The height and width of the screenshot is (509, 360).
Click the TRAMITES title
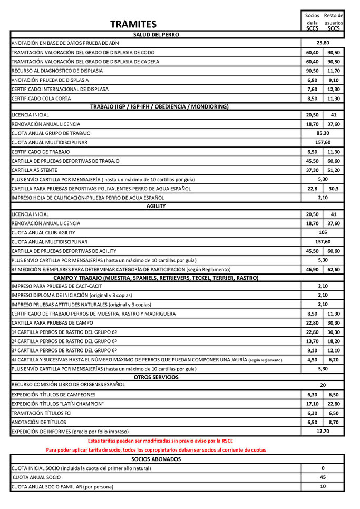[133, 24]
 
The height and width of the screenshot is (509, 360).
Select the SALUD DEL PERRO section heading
[156, 34]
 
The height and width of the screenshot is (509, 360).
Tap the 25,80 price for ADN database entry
[323, 43]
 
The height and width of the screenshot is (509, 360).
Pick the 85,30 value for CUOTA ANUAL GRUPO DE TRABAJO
[323, 133]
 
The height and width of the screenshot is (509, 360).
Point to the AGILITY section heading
[156, 206]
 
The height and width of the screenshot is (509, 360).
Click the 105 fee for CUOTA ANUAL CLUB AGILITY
[323, 232]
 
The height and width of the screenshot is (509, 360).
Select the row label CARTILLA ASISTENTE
[34, 170]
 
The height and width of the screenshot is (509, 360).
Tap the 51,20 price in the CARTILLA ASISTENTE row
[333, 170]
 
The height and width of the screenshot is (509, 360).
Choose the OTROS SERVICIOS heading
[156, 377]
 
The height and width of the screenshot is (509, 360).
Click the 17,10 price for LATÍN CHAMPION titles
[312, 404]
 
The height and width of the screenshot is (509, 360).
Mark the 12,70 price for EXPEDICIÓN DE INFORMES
[323, 432]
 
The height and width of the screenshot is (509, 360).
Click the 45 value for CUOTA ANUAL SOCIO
[323, 477]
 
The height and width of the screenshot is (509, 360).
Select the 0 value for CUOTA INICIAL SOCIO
[323, 468]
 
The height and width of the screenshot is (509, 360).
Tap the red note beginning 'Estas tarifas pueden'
[160, 441]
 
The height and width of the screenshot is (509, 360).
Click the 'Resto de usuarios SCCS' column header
[333, 22]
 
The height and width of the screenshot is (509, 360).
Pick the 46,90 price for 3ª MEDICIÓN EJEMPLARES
[312, 269]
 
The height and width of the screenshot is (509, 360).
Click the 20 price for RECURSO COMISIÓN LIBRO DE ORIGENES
[323, 385]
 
